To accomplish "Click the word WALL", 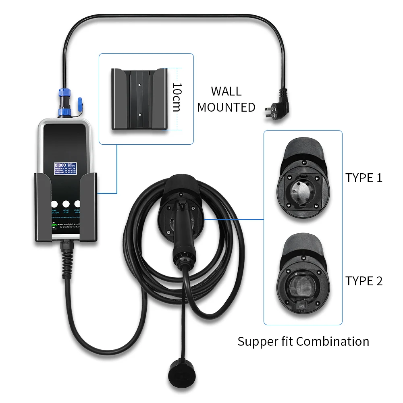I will click(x=226, y=91).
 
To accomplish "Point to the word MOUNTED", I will click(x=226, y=107).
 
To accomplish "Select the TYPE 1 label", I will click(x=364, y=178).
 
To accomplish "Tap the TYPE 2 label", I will click(x=364, y=281).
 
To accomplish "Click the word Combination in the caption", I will click(x=333, y=342).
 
